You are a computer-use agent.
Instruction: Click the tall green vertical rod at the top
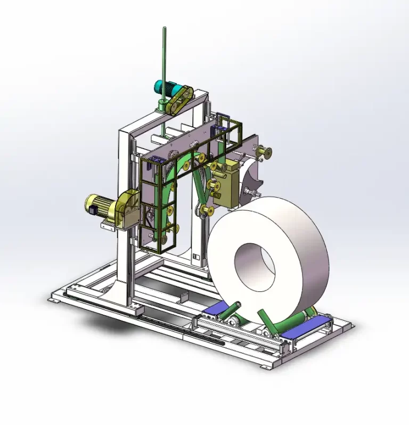point(163,64)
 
